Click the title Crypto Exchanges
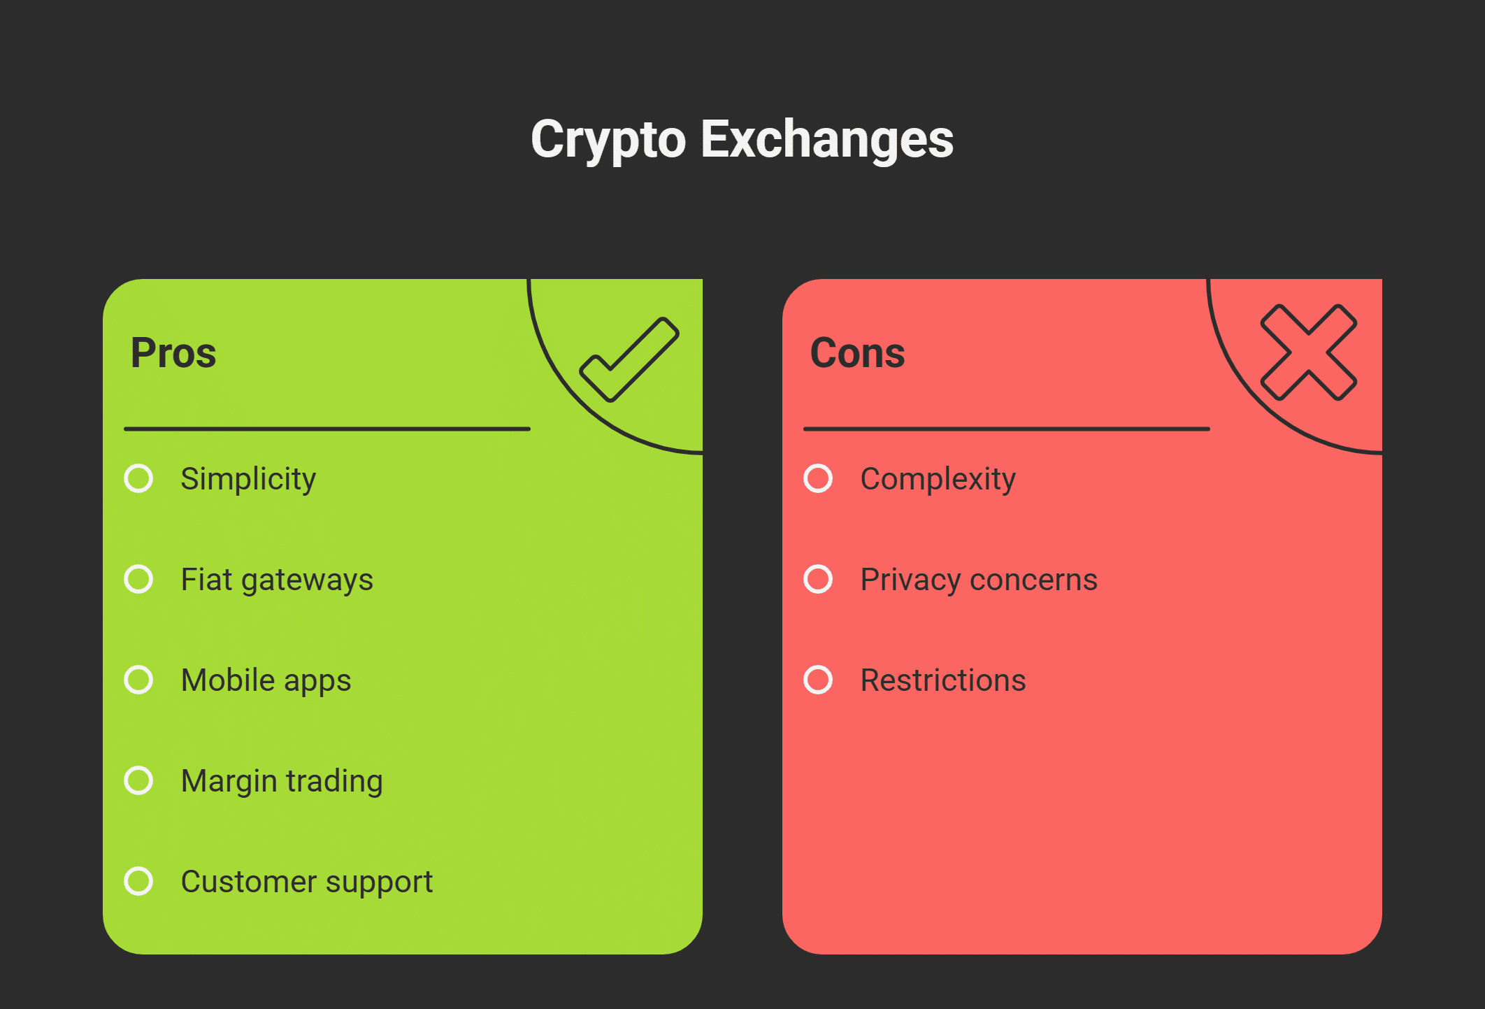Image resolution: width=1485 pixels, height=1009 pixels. click(x=742, y=139)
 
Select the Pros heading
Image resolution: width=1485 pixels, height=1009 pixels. click(x=173, y=352)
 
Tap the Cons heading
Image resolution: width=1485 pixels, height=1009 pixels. click(x=857, y=352)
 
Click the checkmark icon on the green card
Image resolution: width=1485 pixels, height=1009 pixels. click(x=629, y=359)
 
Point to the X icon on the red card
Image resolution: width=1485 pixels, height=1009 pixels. click(x=1308, y=352)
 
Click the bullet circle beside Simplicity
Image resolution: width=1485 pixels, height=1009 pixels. click(x=138, y=478)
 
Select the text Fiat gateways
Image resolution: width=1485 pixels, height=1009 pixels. click(x=277, y=580)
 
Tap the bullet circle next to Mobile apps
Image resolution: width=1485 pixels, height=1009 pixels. click(x=138, y=680)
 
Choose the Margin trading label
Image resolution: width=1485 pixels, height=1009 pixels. click(x=282, y=781)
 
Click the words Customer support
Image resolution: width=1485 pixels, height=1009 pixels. click(x=307, y=882)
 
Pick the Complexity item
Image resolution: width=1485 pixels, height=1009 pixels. click(x=938, y=479)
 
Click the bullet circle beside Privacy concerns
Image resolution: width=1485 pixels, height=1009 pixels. click(x=818, y=579)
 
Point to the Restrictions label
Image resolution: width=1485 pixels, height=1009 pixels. click(x=943, y=680)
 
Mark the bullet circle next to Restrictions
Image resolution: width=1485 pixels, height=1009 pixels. click(x=818, y=680)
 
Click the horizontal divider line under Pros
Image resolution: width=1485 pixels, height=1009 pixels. click(x=327, y=429)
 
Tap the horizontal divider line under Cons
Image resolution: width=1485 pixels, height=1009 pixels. click(x=1007, y=429)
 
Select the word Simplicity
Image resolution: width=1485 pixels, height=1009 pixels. click(x=248, y=479)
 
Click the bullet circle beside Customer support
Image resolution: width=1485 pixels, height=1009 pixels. click(x=138, y=881)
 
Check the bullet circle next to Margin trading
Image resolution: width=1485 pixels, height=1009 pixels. click(x=138, y=780)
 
